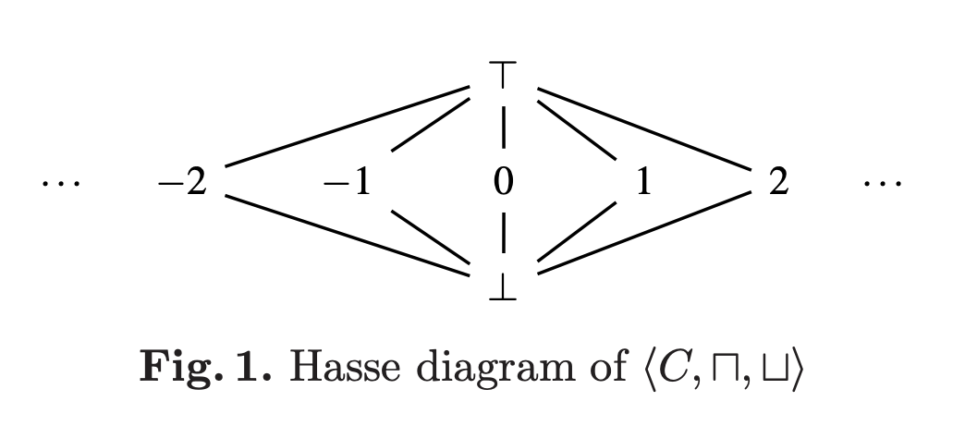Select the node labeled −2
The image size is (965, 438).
point(181,183)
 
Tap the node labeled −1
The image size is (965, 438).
point(347,183)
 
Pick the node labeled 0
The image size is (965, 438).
point(503,183)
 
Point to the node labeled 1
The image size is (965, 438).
point(643,183)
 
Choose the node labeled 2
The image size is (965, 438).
point(778,183)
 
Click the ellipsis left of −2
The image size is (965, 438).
point(61,184)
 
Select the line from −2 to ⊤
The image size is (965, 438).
point(347,128)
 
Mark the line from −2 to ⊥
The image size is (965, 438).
point(347,235)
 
